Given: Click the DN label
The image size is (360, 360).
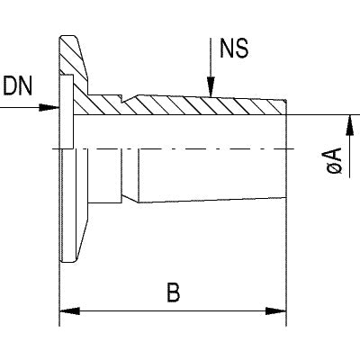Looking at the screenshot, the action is (18, 85).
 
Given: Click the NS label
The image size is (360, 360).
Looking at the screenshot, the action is (234, 48).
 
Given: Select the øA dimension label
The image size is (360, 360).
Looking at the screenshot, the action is (335, 160).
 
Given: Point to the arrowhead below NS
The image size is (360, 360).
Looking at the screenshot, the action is (211, 87).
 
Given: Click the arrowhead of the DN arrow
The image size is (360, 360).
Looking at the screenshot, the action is (49, 107).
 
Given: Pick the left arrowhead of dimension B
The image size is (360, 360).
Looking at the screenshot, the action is (70, 311).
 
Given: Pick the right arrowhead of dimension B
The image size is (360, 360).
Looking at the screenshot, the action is (276, 311).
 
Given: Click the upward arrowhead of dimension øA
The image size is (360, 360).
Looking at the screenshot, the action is (349, 125).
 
